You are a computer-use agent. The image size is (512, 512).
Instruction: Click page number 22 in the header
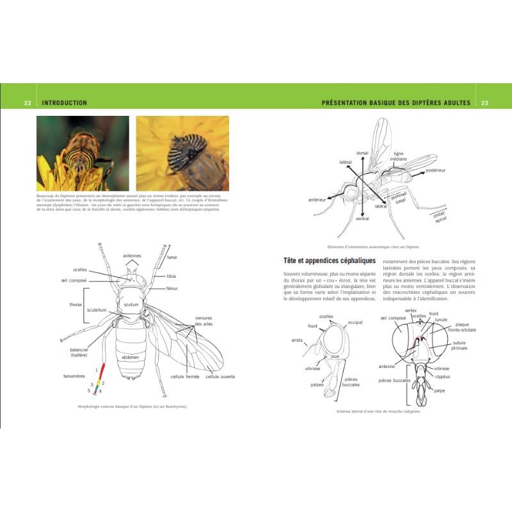click(28, 103)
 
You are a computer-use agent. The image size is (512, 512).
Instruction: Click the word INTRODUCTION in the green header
click(64, 103)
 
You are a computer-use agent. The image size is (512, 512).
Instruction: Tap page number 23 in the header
click(484, 103)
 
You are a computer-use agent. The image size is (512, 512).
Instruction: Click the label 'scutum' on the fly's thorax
click(131, 305)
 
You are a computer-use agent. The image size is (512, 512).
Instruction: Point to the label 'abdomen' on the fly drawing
click(129, 357)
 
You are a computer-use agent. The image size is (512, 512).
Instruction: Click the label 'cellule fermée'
click(184, 376)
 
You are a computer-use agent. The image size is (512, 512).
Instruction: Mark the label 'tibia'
click(172, 276)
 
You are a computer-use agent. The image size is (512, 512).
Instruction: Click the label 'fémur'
click(172, 289)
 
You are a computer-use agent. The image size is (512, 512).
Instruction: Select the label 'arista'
click(296, 340)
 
